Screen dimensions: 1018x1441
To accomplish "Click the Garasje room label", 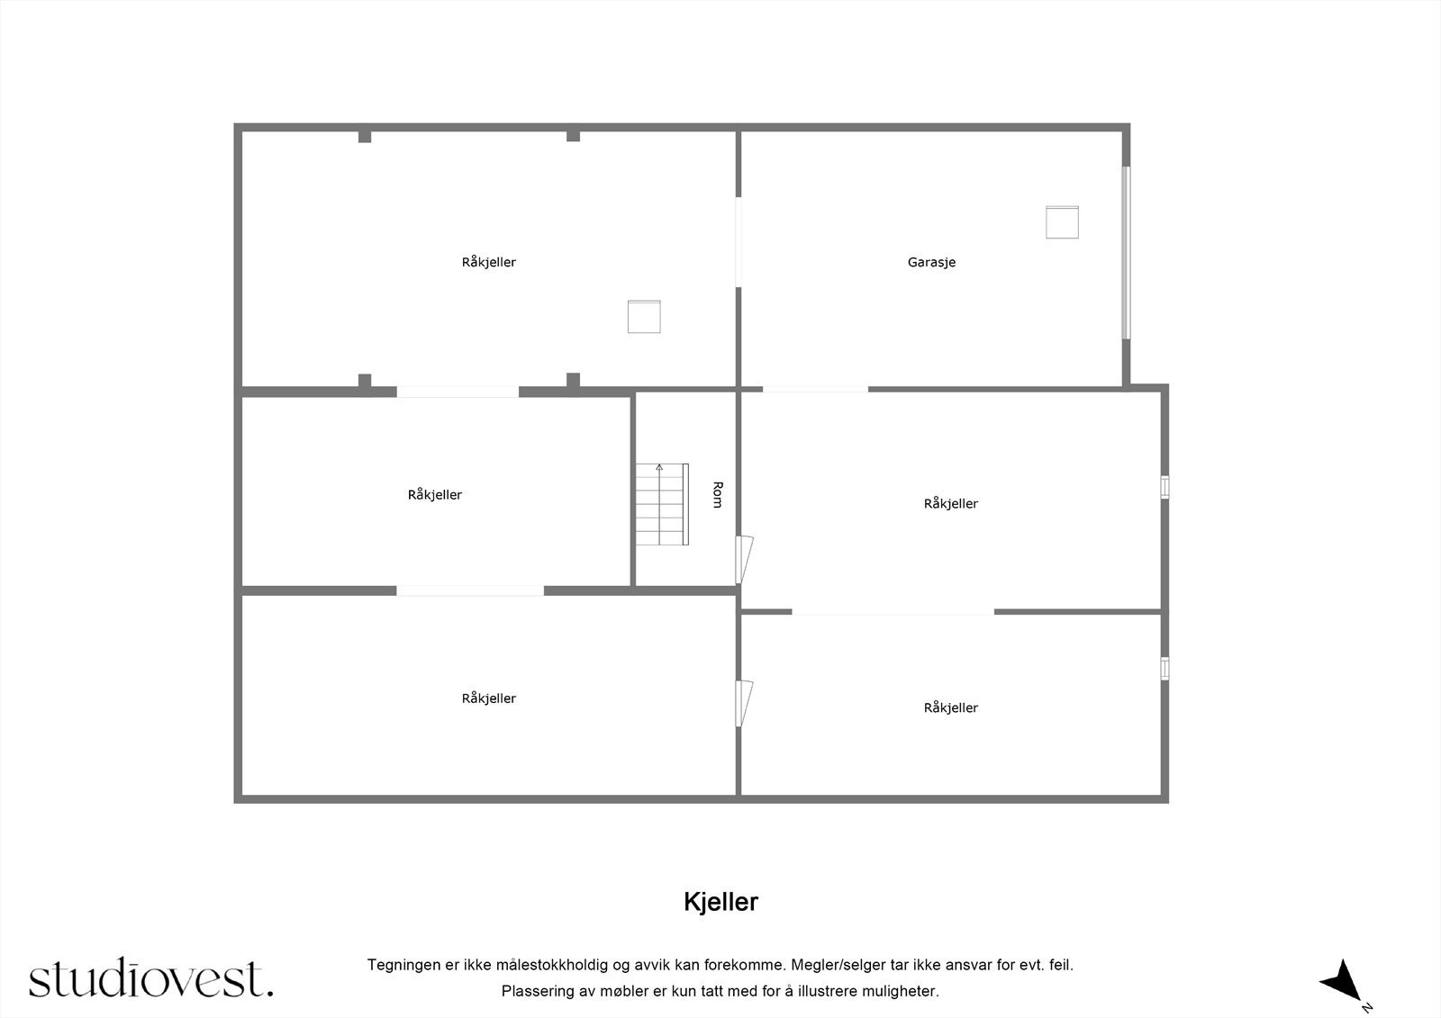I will [x=931, y=263].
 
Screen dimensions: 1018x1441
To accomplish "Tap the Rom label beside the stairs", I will [x=717, y=494].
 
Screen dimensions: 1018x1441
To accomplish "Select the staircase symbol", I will [x=662, y=504].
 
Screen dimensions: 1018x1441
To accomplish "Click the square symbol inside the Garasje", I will [x=1062, y=222].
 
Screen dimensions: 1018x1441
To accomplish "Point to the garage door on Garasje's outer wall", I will [x=1126, y=252].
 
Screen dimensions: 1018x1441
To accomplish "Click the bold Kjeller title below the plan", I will [x=720, y=902].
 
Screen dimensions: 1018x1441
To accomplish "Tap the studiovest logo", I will [x=150, y=978].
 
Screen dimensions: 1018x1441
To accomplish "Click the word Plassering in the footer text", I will [x=538, y=991].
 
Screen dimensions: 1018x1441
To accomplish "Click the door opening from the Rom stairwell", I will [x=744, y=559].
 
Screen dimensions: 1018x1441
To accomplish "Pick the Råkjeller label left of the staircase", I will [x=434, y=495].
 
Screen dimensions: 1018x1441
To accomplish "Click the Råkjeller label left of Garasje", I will [x=488, y=263].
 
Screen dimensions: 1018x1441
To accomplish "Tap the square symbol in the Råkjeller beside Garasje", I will [x=644, y=317].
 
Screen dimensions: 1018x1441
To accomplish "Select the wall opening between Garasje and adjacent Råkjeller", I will [x=738, y=242].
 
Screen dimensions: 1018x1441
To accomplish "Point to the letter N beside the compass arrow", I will [x=1367, y=1007].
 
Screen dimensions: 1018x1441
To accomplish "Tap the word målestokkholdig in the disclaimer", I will [x=551, y=965].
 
